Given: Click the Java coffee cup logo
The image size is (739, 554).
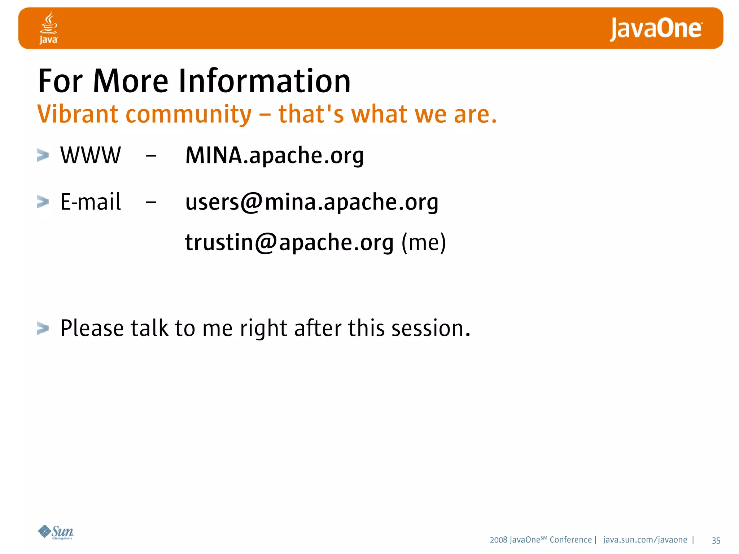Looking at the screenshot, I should [x=49, y=27].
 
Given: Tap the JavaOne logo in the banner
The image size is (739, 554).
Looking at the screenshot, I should [x=656, y=29].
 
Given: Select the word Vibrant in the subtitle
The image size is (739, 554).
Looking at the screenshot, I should [x=78, y=114].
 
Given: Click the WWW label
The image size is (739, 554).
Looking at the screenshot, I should [x=90, y=155].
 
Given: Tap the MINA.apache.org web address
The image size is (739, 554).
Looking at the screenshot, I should [x=274, y=156].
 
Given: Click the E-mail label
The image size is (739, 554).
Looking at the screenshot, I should [x=90, y=202].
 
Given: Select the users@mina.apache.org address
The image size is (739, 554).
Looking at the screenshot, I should [x=311, y=202].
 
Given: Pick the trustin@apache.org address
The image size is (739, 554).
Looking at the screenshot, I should [x=289, y=242].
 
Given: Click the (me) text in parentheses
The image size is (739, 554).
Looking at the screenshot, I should [x=424, y=242].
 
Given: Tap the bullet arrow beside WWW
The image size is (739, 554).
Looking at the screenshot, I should [x=43, y=155].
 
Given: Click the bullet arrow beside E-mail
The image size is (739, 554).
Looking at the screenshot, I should [x=43, y=202].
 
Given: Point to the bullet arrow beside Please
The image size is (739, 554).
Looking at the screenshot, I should [x=43, y=328].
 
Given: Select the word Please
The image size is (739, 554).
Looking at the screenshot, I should [x=92, y=328].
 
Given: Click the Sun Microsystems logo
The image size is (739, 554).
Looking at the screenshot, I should [x=56, y=532].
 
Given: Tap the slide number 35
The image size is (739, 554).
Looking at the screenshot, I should [x=716, y=540].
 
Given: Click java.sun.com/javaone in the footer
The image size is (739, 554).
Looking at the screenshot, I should [x=645, y=540].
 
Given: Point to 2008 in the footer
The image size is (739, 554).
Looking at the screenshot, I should [x=498, y=540].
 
